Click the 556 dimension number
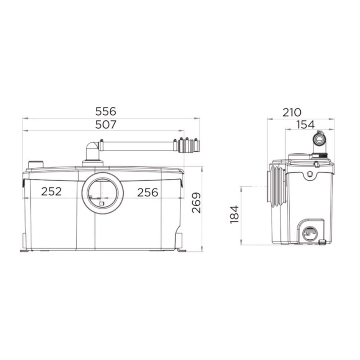click(x=106, y=111)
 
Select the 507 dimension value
click(x=106, y=125)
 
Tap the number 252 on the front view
click(x=51, y=191)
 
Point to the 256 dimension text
click(x=148, y=192)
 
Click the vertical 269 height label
click(x=196, y=203)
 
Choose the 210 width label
click(x=291, y=113)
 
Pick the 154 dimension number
click(x=306, y=125)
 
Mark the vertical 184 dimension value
click(x=234, y=215)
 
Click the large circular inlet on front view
click(x=102, y=193)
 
